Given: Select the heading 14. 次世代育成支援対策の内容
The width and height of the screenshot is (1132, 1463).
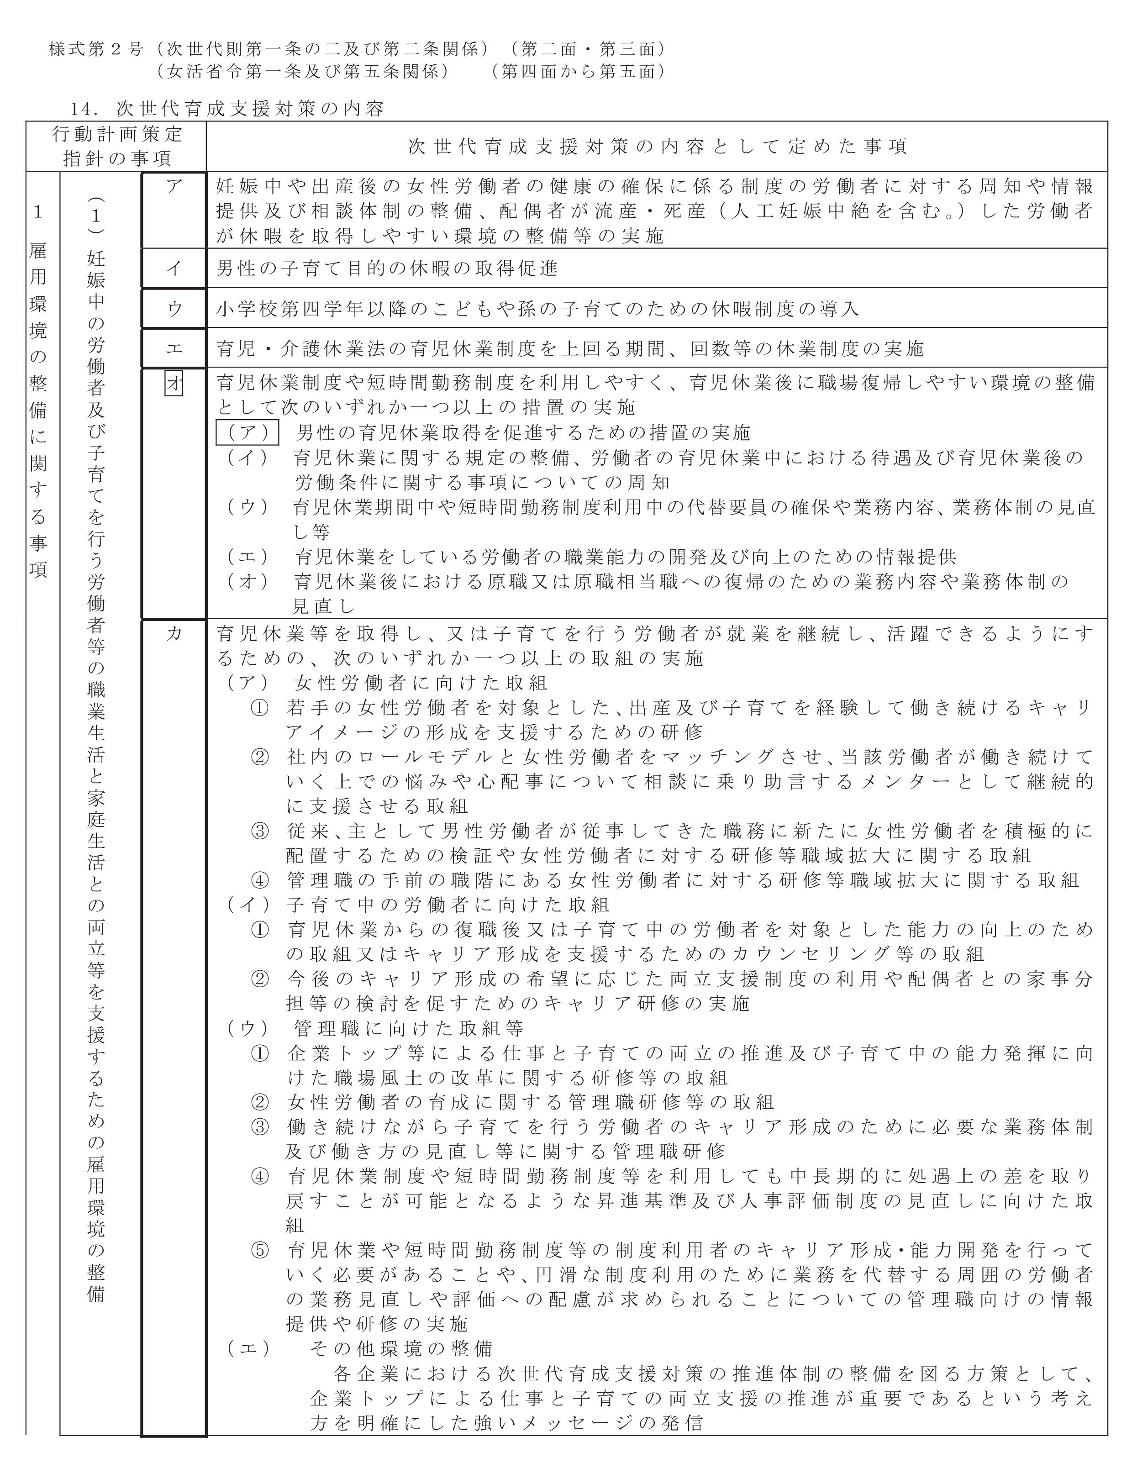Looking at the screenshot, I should click(x=228, y=109).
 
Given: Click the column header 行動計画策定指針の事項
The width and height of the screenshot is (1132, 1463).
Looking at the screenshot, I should click(x=116, y=146).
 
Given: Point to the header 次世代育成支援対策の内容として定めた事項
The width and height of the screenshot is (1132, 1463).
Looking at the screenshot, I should click(x=657, y=146).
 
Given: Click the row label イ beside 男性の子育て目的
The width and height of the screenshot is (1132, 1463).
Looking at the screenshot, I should click(x=174, y=268).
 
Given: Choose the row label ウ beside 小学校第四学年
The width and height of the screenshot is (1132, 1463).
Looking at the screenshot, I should click(x=174, y=308).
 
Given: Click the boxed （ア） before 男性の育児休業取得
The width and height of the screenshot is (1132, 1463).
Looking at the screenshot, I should click(x=247, y=433).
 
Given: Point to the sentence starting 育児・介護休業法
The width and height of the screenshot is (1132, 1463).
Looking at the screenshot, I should click(x=569, y=348).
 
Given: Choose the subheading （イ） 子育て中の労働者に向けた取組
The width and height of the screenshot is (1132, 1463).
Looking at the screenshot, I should click(x=416, y=904).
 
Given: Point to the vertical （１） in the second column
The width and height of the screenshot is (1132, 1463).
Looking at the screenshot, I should click(x=96, y=216).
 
